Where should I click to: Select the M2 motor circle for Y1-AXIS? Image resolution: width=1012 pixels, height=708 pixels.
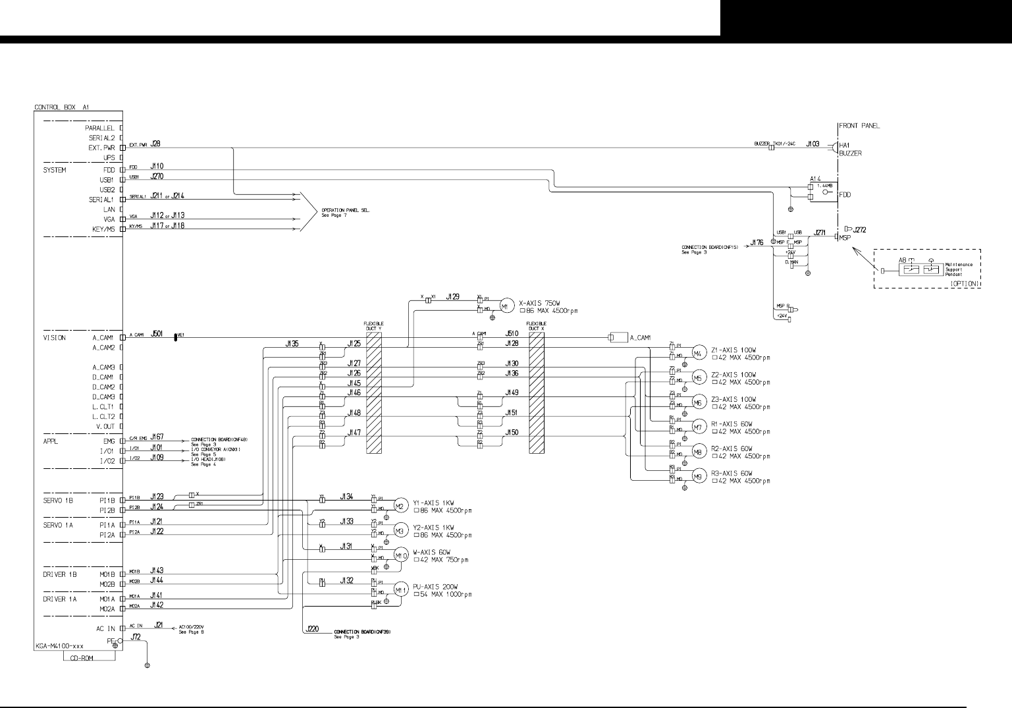400,505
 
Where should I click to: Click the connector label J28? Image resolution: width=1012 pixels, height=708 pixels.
156,143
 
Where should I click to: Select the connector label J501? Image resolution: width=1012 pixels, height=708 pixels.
157,334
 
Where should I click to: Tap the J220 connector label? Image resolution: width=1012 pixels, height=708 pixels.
313,630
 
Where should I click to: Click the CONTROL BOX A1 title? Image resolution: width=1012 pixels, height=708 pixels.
61,106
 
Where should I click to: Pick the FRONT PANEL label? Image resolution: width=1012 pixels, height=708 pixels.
859,126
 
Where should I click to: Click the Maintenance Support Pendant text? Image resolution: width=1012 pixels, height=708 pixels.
959,269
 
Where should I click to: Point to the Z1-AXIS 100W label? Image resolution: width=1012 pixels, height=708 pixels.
733,350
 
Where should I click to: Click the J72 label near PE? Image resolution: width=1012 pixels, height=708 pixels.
136,636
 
